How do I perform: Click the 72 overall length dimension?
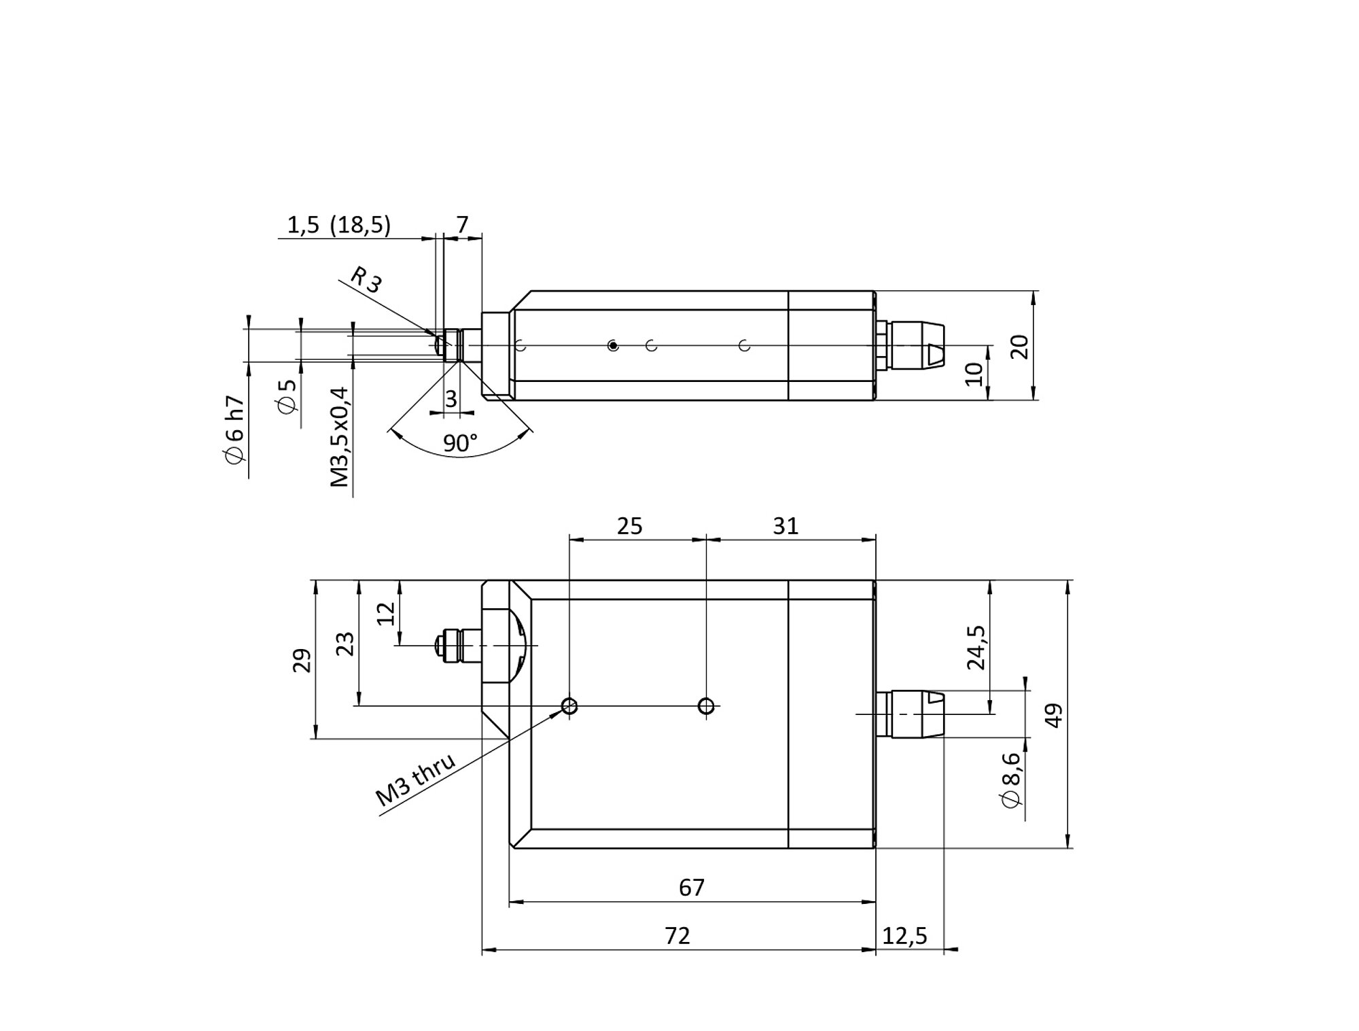pos(677,936)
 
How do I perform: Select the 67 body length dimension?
pos(692,888)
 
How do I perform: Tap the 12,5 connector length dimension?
pos(904,936)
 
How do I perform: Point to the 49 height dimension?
pos(1053,715)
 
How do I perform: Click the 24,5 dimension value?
pos(976,647)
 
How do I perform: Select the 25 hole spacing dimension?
pos(629,526)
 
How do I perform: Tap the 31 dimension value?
pos(786,526)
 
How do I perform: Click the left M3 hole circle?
pos(570,706)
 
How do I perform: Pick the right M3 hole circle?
pos(706,706)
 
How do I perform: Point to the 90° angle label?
pos(460,443)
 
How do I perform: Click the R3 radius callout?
pos(366,279)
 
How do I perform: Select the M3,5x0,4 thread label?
pos(339,437)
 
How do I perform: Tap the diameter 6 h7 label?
pos(234,430)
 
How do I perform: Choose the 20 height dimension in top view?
pos(1021,347)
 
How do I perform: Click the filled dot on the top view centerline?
pos(613,346)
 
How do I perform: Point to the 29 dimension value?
pos(302,661)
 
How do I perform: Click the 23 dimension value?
pos(345,643)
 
